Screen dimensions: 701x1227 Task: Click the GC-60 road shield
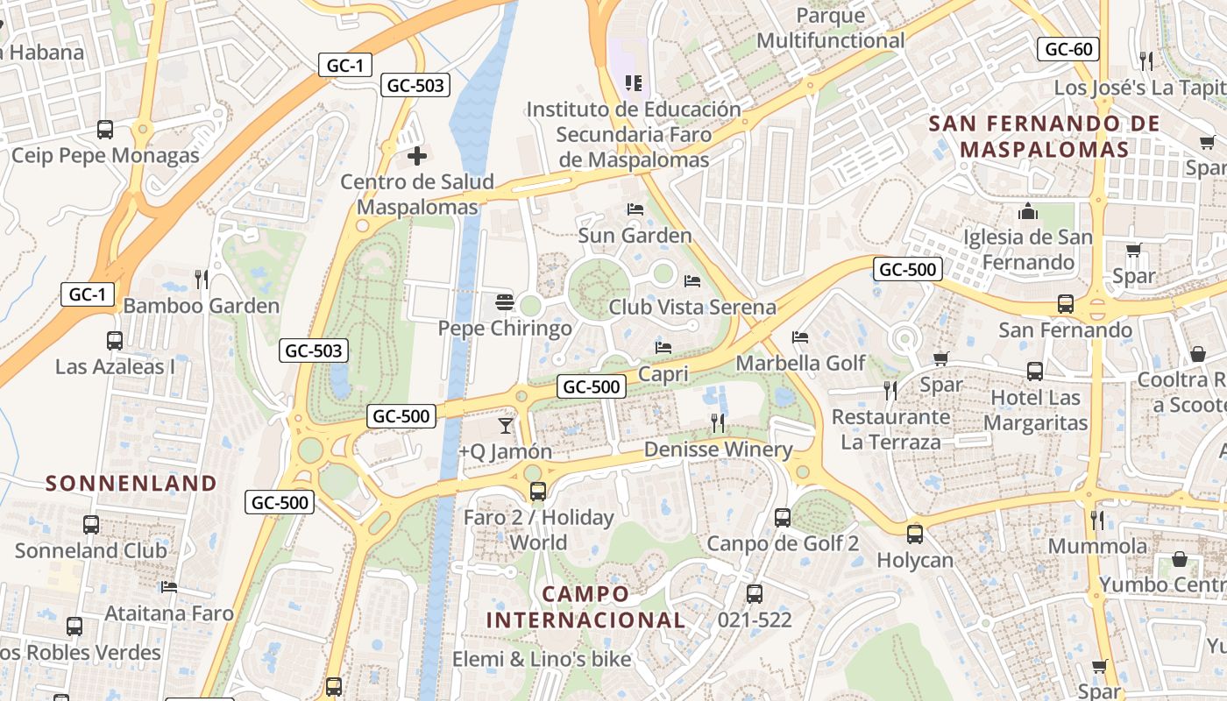[x=1068, y=49]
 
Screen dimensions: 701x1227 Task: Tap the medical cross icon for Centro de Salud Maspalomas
[x=417, y=157]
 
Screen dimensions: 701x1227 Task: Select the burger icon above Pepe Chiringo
[x=504, y=302]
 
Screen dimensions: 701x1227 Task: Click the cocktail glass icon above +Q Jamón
[x=506, y=426]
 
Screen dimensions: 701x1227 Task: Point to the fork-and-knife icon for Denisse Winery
[x=718, y=423]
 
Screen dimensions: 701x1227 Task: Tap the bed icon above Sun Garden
[x=635, y=209]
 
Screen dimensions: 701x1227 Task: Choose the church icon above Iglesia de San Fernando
[x=1028, y=212]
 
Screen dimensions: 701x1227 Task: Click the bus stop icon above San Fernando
[x=1066, y=304]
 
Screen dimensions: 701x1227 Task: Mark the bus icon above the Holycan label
[x=915, y=534]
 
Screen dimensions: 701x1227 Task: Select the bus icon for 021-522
[x=754, y=594]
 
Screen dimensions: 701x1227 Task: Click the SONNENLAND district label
[x=131, y=483]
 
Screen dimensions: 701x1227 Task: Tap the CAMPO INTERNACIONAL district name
[x=585, y=606]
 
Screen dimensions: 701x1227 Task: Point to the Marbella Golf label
[x=800, y=363]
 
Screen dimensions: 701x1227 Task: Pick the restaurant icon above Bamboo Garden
[x=202, y=280]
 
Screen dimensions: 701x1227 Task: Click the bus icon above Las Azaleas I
[x=114, y=340]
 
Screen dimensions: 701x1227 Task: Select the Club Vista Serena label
[x=692, y=307]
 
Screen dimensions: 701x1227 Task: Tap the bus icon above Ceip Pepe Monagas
[x=105, y=130]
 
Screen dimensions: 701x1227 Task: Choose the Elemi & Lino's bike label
[x=542, y=658]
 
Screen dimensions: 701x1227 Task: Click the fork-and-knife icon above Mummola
[x=1097, y=520]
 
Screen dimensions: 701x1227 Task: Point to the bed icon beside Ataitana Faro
[x=169, y=587]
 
